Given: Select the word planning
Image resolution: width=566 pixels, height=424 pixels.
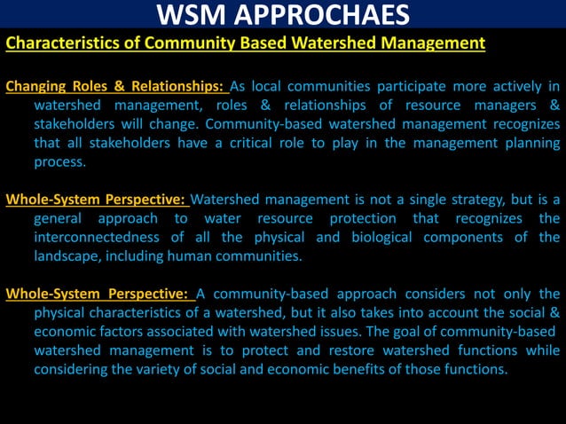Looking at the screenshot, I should [x=528, y=144].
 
